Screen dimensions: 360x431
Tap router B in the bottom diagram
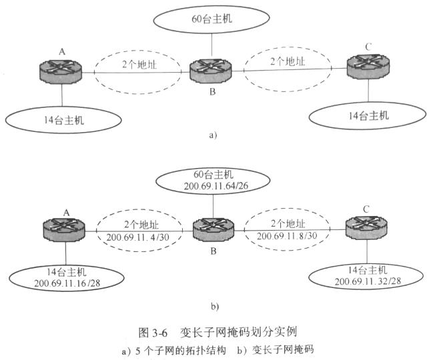point(213,231)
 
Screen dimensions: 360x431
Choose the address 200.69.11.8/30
point(288,236)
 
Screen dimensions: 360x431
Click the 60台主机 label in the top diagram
point(211,19)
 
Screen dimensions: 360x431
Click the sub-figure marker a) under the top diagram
point(213,135)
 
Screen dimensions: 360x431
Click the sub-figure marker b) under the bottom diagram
point(214,307)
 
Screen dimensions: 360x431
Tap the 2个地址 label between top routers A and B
point(136,64)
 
